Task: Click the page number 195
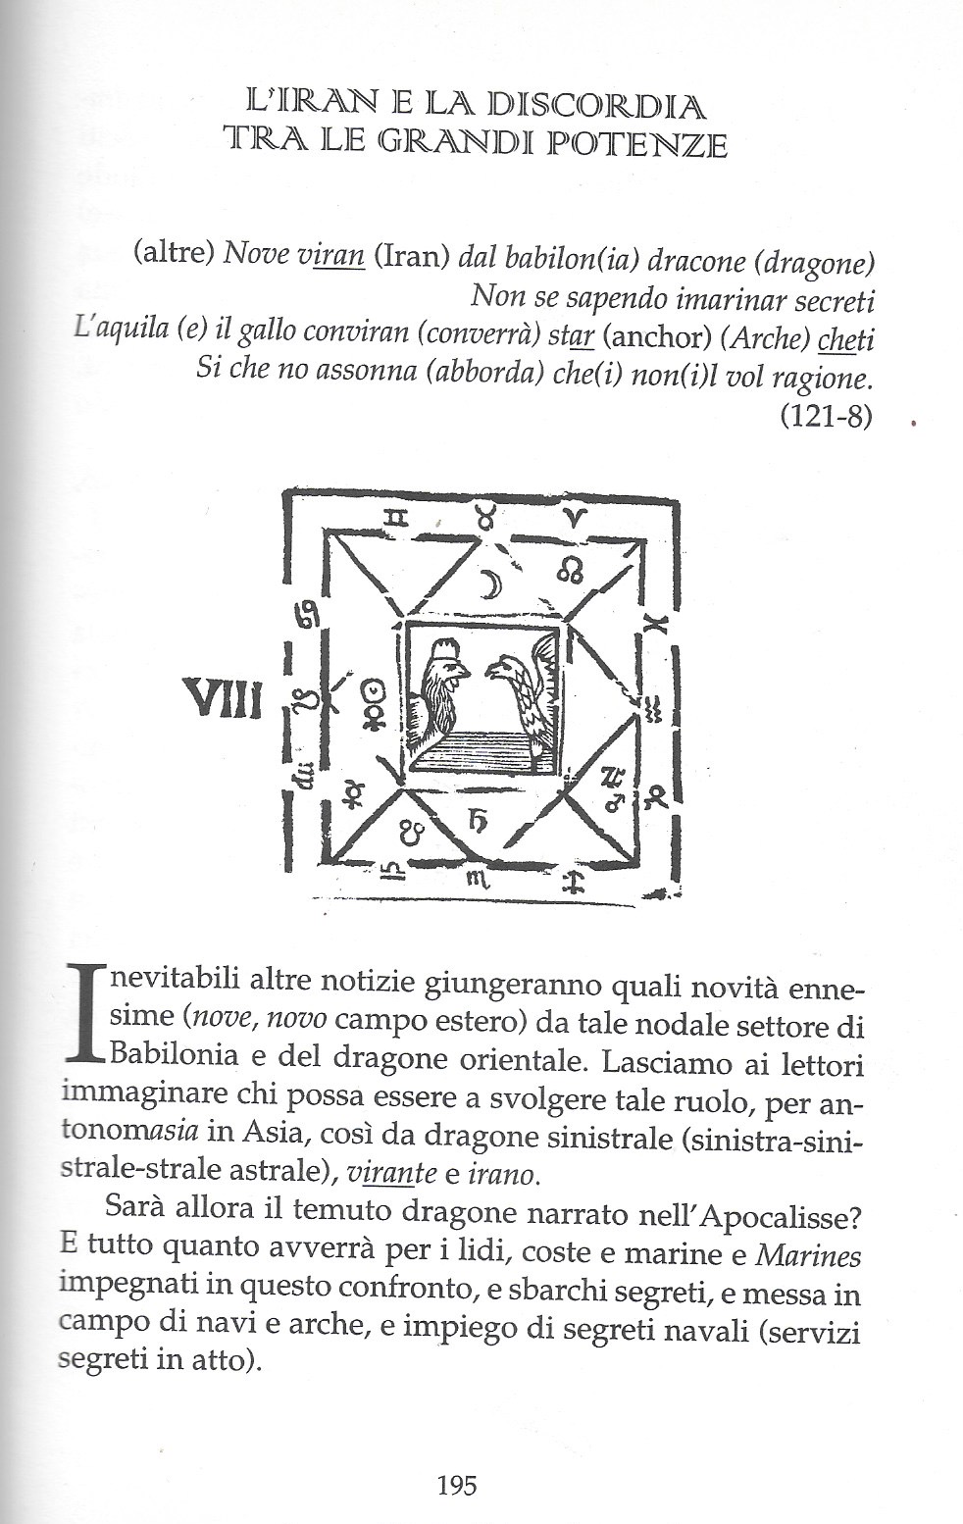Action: (456, 1485)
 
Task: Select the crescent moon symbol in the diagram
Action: (488, 584)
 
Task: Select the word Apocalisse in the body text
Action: (784, 1215)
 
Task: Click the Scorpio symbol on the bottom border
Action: (478, 880)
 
